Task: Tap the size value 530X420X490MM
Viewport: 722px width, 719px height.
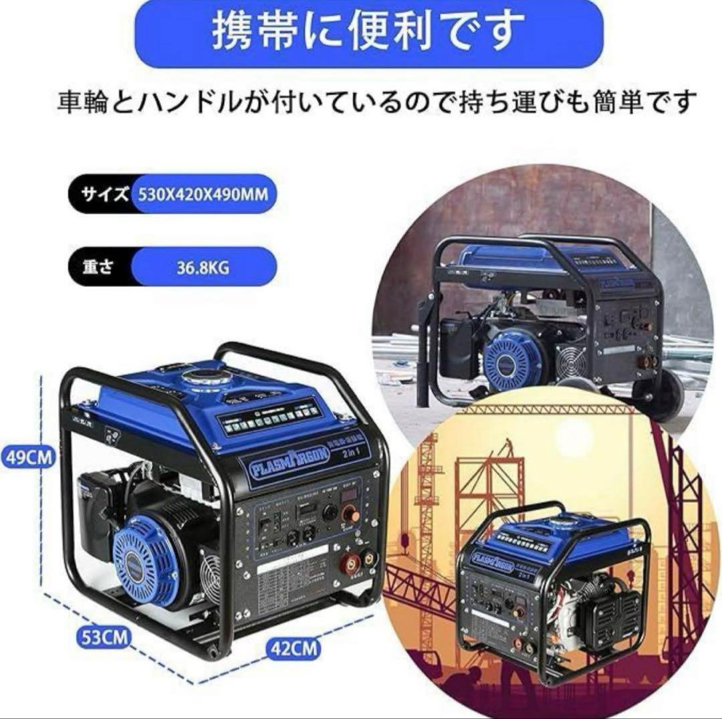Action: (203, 195)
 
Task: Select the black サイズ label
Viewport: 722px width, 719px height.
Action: (104, 195)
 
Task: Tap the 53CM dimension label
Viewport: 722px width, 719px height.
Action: (102, 637)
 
